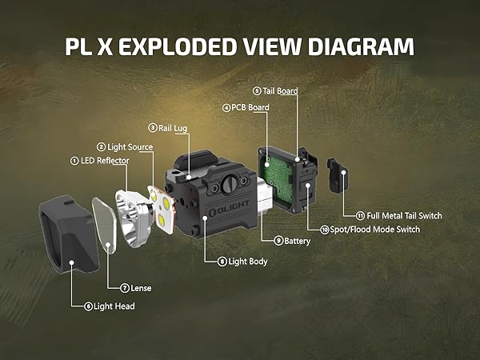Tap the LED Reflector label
pos(104,161)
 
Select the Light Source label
pos(130,146)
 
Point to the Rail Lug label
pos(173,126)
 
